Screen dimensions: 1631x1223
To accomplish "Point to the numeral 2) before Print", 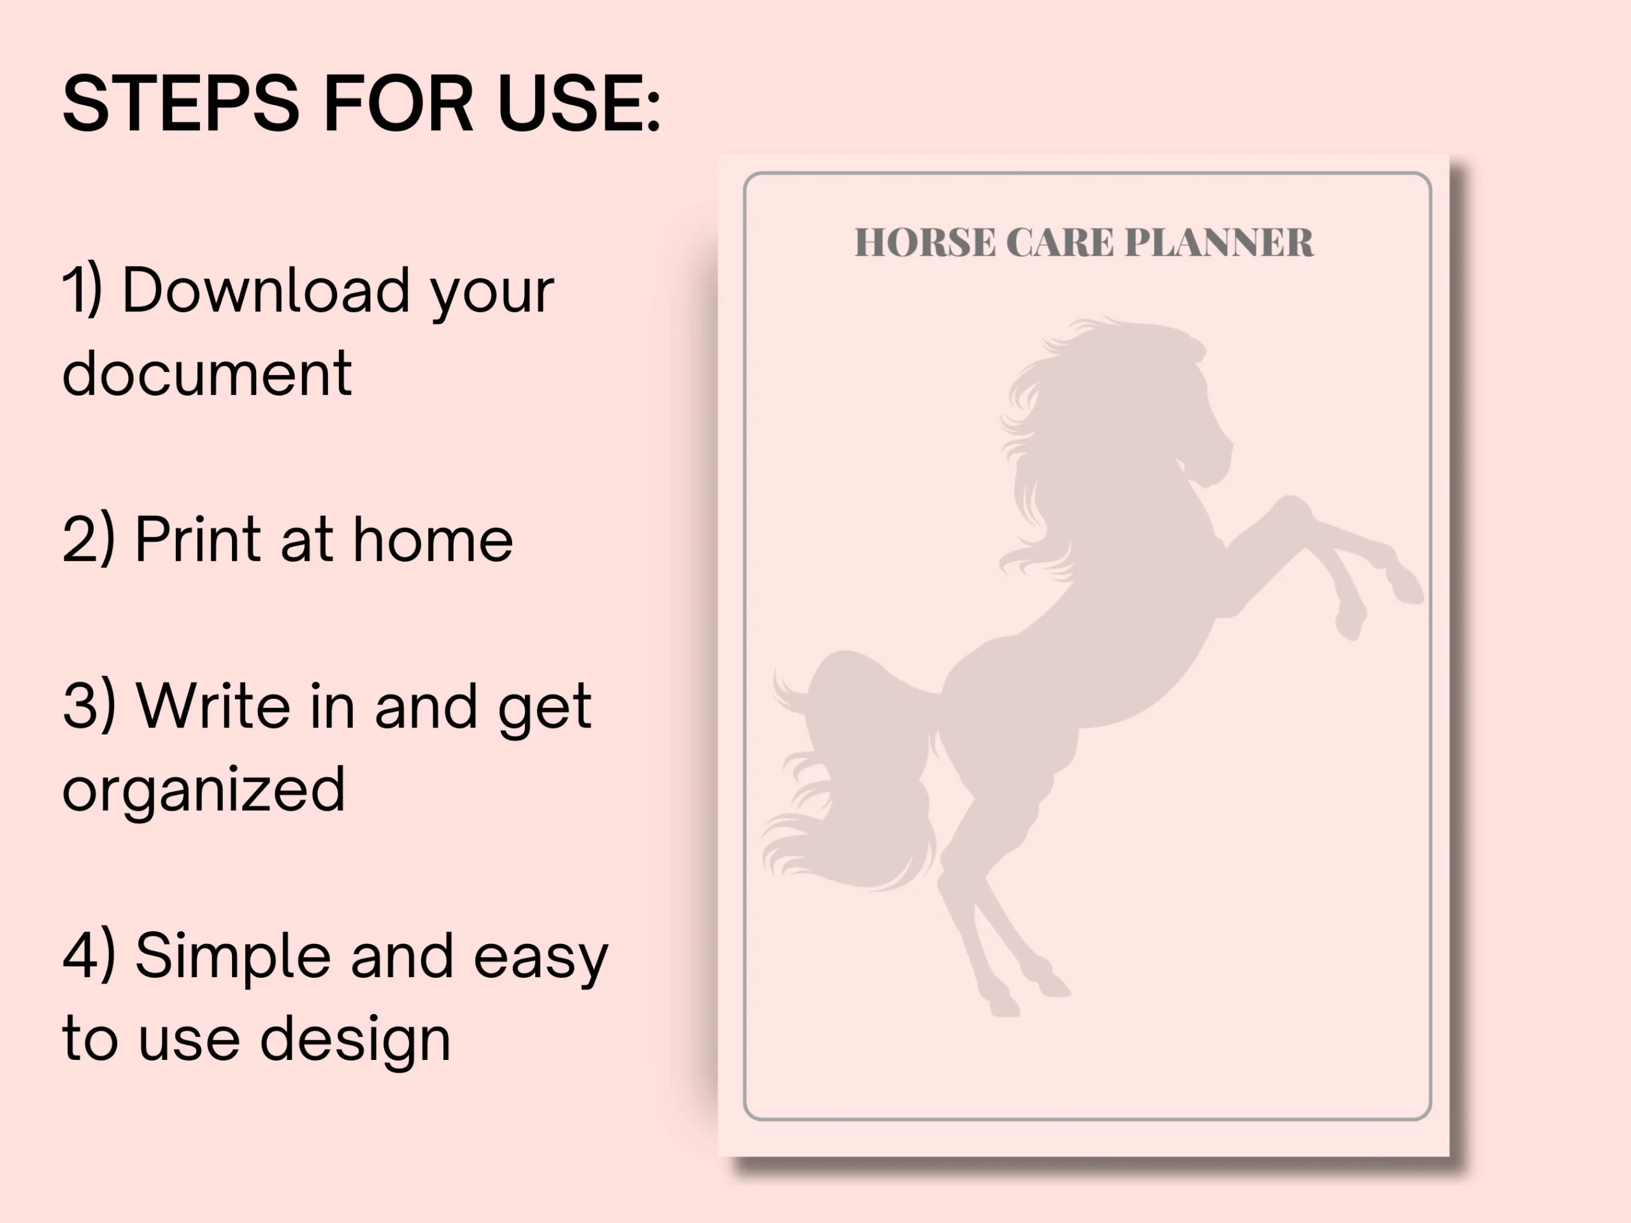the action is (89, 540).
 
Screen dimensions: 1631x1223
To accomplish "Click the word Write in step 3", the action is (214, 706).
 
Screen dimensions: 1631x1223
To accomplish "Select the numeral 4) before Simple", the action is (89, 955).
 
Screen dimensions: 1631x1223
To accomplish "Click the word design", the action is (356, 1041).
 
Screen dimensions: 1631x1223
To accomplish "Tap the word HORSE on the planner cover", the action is (924, 243).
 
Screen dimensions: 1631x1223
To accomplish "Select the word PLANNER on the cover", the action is (1219, 243).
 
